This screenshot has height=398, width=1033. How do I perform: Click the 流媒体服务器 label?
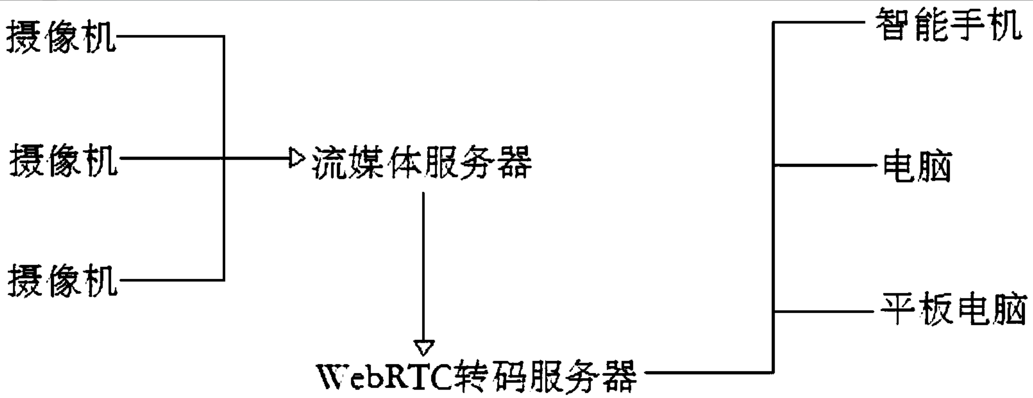point(422,162)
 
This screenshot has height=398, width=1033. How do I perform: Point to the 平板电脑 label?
point(953,309)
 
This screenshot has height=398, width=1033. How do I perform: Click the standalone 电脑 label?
point(916,166)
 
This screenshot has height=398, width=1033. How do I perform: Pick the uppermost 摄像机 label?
point(61,37)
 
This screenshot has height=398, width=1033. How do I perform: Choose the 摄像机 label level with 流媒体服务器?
point(63,160)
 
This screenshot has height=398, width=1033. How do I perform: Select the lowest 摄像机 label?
point(62,280)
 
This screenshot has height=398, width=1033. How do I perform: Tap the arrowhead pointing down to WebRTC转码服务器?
point(424,347)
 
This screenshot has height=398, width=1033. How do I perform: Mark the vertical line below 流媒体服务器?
point(424,267)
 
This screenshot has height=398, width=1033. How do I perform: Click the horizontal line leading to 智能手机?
point(820,22)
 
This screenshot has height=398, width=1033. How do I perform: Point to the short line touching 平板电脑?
point(825,311)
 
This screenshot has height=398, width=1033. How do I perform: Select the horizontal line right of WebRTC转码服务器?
point(707,373)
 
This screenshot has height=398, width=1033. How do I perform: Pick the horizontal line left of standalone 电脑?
point(825,165)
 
